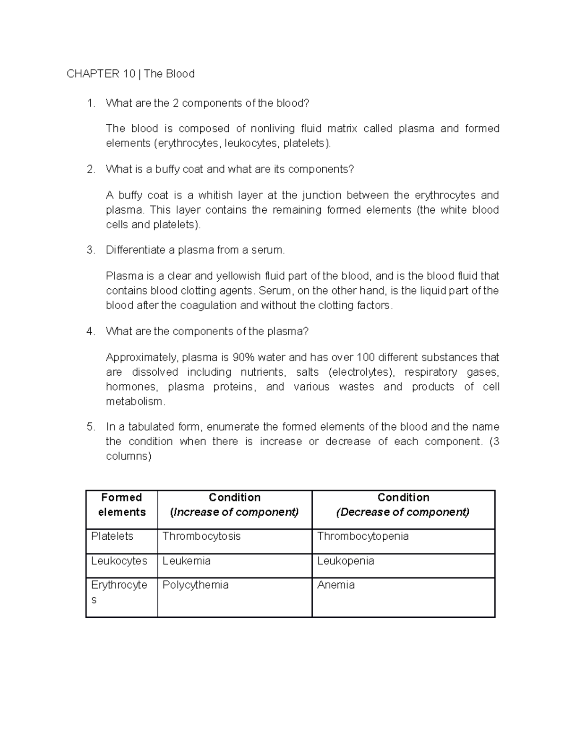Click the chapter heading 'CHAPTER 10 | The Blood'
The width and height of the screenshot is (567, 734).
click(130, 74)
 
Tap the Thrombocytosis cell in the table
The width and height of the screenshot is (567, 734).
click(201, 536)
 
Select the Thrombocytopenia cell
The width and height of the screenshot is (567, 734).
click(362, 536)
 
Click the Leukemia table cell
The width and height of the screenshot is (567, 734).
click(186, 561)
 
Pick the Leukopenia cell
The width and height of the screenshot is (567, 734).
click(345, 561)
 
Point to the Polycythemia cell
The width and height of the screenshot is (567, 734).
click(195, 585)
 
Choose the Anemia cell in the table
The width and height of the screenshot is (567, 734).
click(335, 585)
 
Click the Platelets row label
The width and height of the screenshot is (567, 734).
click(112, 536)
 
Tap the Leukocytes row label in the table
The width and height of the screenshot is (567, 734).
click(119, 561)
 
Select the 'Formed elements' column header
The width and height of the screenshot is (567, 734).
click(121, 505)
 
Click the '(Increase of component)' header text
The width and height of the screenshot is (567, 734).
click(234, 512)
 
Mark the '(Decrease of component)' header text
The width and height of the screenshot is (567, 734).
click(403, 512)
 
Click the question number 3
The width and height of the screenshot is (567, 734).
click(91, 250)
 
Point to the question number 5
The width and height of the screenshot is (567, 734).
click(91, 427)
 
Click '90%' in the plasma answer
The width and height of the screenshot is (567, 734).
click(244, 357)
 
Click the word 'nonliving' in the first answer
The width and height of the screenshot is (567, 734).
click(272, 129)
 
